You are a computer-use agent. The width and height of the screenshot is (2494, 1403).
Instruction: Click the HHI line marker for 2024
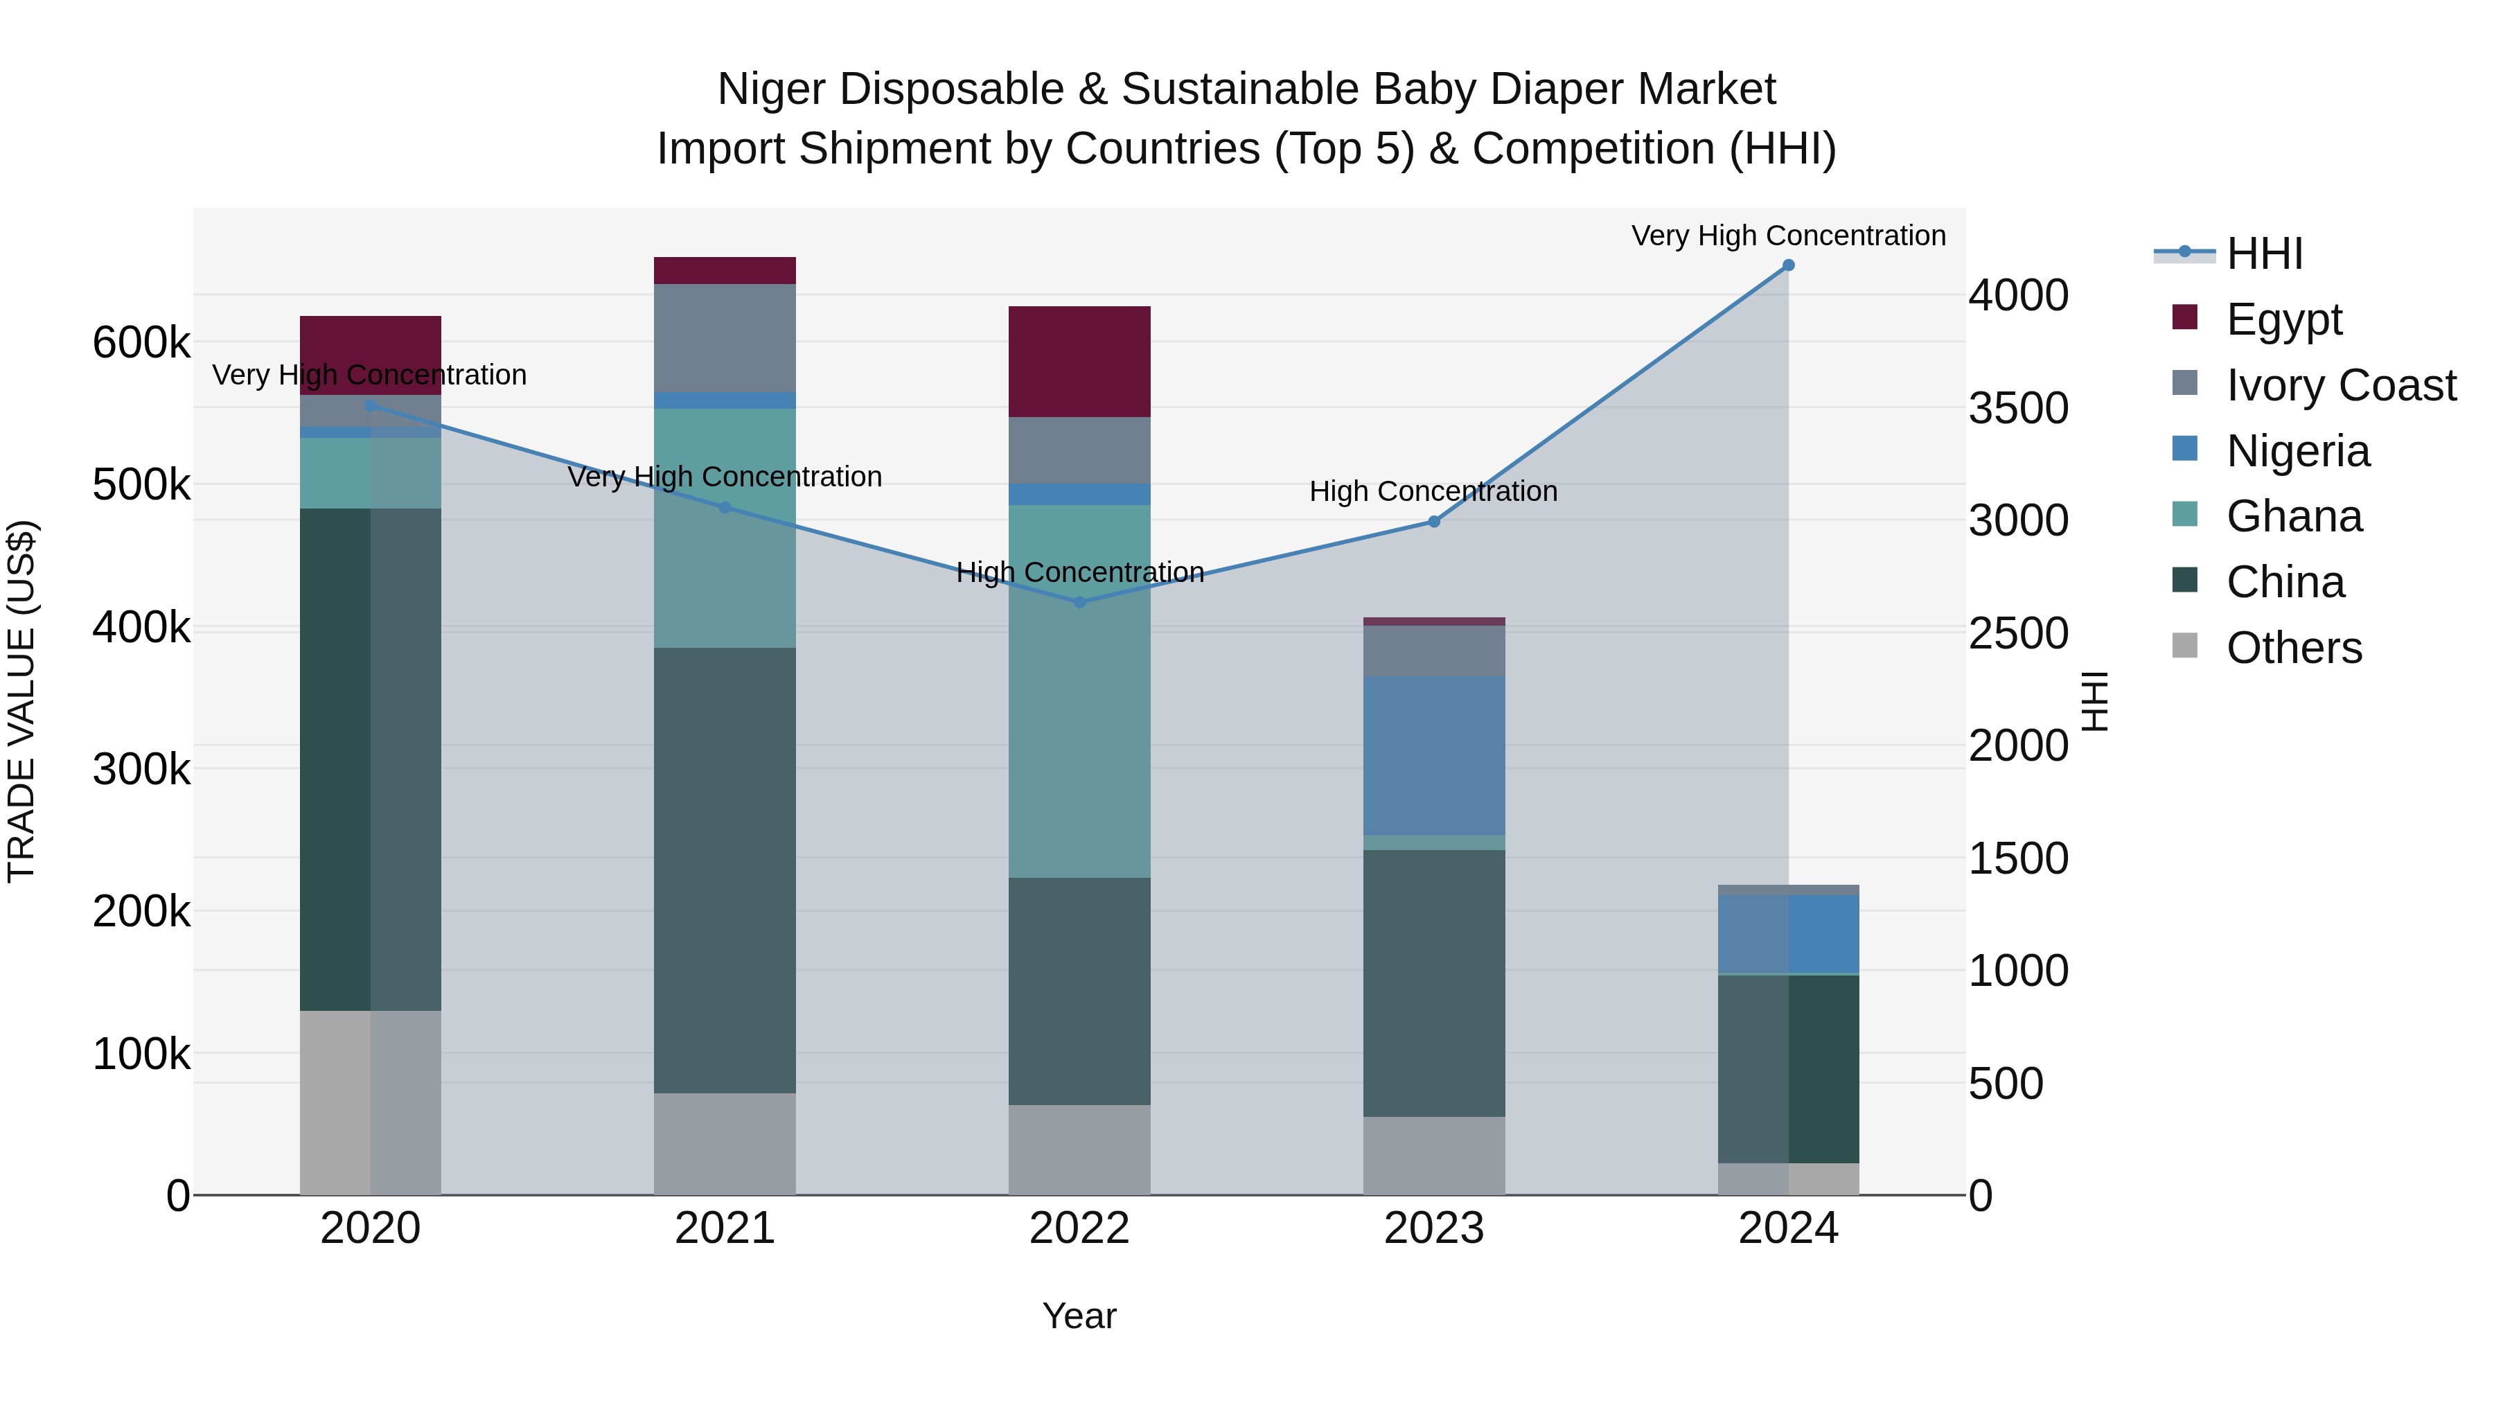1788,265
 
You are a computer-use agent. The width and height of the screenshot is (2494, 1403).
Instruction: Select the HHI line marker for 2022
1079,602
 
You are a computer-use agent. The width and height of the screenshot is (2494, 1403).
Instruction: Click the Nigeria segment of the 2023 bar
1434,755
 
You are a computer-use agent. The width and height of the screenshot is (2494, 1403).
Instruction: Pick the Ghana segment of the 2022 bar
1079,691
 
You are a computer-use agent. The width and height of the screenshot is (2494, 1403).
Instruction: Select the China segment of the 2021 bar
724,870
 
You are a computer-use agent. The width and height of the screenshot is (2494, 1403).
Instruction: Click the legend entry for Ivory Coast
2340,385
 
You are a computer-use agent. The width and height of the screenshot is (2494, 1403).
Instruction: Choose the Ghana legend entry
2294,516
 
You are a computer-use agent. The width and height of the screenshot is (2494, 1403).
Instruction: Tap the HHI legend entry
2263,254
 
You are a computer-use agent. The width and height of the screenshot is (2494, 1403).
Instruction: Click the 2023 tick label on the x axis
1434,1228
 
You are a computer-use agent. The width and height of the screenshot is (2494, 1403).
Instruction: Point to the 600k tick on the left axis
141,343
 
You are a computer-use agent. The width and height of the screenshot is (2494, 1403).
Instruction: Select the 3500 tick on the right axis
2019,407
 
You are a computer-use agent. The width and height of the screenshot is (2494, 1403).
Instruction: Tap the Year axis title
1079,1316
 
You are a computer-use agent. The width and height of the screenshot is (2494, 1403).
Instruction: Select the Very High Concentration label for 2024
1787,236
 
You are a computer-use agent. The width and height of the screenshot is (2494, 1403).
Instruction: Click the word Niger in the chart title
770,90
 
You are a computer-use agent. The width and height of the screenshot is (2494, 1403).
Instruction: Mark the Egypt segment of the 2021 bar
724,270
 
